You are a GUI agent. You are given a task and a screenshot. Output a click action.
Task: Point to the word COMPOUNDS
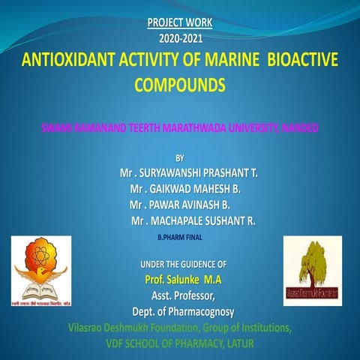coord(178,84)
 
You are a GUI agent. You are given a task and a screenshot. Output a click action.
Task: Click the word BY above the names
coord(178,157)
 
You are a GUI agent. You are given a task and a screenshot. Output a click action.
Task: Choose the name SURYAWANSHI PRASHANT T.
coord(189,172)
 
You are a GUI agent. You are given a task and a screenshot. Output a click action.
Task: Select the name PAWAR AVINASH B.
coord(180,204)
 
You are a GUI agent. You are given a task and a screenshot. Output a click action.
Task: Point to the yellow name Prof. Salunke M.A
coord(183,280)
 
